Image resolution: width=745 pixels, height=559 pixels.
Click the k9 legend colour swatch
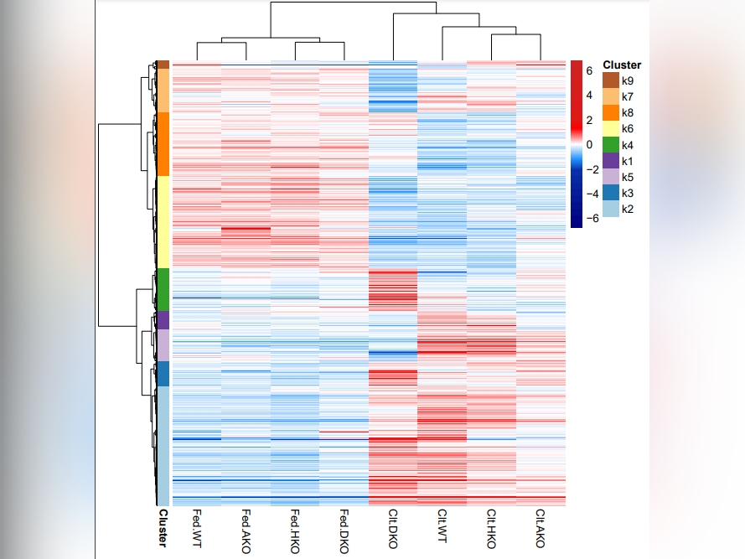[x=610, y=80]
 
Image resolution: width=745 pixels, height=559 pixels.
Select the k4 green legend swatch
[x=610, y=145]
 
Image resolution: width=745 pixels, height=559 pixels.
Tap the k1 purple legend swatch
[x=610, y=161]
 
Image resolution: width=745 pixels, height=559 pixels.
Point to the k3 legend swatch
[x=610, y=193]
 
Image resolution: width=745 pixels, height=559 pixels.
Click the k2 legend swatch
[x=610, y=209]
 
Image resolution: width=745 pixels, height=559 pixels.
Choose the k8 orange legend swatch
[x=610, y=112]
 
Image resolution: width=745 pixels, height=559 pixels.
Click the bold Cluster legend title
[x=622, y=65]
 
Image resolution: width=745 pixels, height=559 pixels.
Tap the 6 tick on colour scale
[x=589, y=71]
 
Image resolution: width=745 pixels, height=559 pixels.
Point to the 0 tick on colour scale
[x=589, y=144]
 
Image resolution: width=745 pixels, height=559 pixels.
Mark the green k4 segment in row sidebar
[x=163, y=289]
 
